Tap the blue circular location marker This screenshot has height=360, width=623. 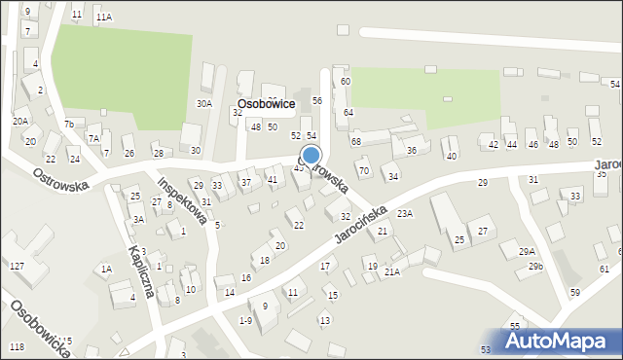point(311,155)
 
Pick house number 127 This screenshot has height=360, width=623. point(17,266)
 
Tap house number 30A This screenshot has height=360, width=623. point(203,103)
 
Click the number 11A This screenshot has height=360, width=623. point(103,18)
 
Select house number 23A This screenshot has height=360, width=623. point(405,213)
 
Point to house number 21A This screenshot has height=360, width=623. point(391,272)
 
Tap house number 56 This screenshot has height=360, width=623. point(316,101)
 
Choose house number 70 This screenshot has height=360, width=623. point(363,171)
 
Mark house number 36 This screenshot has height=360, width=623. point(412,150)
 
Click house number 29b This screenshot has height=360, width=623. point(535,266)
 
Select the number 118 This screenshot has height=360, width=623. point(17,347)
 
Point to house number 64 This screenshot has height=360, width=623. point(348,113)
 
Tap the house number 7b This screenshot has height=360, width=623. point(68,124)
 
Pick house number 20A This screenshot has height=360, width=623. point(19,121)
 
